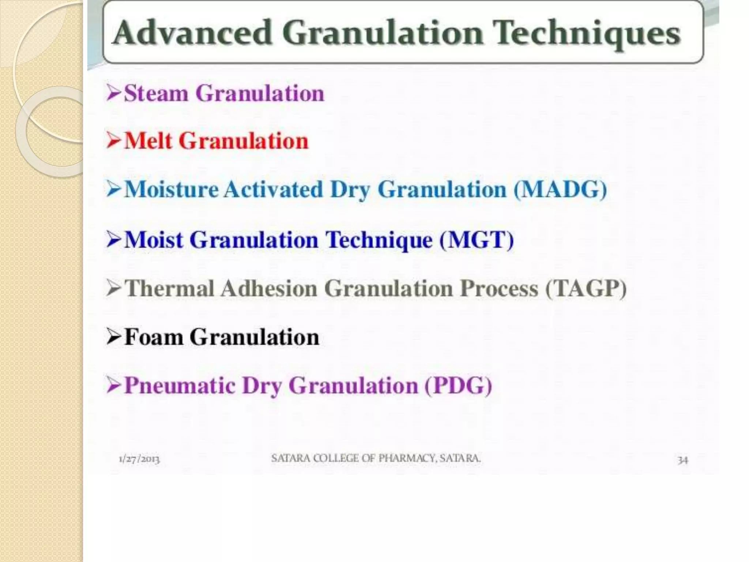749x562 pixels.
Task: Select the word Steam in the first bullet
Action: point(156,93)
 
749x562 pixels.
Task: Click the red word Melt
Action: point(148,141)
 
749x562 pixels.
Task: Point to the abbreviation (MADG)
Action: point(560,190)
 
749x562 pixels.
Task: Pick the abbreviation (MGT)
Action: point(477,240)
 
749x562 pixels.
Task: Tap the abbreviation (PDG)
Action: point(458,386)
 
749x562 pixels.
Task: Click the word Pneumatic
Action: point(179,386)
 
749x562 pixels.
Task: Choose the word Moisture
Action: point(171,190)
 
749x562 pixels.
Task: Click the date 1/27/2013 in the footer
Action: point(139,459)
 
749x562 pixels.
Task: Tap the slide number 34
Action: point(682,460)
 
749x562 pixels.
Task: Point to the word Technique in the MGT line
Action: point(379,240)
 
